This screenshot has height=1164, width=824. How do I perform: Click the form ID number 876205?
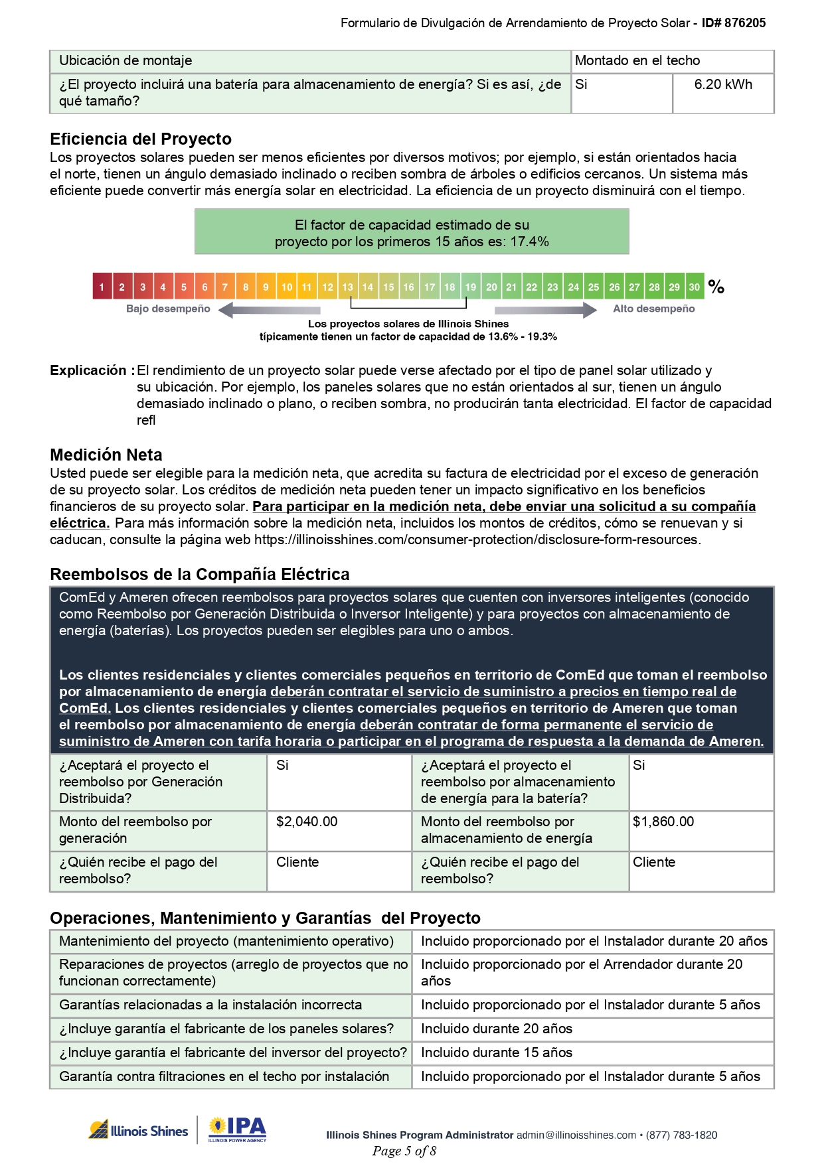coord(744,23)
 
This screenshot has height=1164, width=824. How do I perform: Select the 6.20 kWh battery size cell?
coord(723,85)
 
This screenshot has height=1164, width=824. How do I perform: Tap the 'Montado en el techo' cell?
coord(637,61)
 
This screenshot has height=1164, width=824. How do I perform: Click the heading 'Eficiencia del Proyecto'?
coord(141,139)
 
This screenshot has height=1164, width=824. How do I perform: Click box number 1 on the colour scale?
coord(102,287)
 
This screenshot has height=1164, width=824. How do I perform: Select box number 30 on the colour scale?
coord(694,287)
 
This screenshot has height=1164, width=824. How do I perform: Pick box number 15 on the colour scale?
coord(388,287)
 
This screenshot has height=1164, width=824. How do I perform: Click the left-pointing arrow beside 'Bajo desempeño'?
coord(269,310)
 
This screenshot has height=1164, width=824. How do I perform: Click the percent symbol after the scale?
coord(716,287)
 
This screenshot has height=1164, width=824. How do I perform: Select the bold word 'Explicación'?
coord(88,371)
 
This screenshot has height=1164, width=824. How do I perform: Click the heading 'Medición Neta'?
coord(106,455)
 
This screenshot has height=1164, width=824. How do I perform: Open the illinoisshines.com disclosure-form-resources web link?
coord(476,540)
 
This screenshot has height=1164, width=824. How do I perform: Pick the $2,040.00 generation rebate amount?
coord(307,822)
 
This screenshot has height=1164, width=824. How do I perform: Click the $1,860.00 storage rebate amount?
coord(663,822)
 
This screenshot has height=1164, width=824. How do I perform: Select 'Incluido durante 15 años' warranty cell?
coord(497,1053)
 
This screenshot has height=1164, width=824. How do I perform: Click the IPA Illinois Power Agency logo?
coord(238,1130)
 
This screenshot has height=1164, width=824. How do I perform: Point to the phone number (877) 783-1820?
coord(681,1135)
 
